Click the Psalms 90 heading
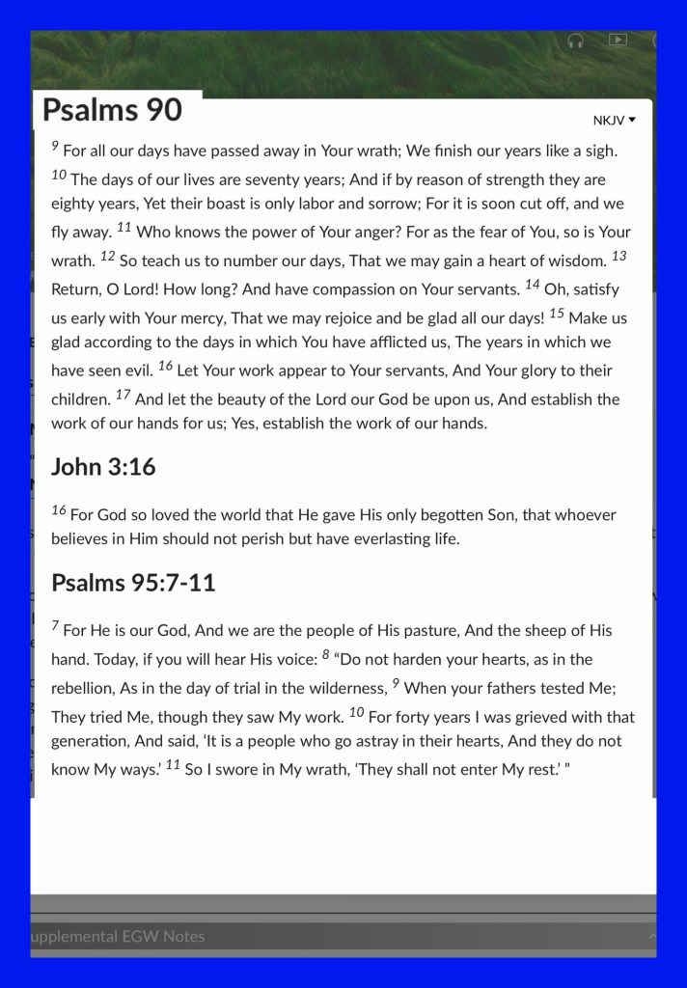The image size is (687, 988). pos(112,110)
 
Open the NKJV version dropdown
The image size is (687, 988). pos(615,121)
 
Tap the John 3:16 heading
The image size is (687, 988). pos(103,467)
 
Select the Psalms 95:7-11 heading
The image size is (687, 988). pos(133,583)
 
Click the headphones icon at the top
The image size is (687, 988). pos(576,41)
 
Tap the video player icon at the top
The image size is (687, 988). pos(618,40)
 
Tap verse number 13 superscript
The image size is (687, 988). pos(619,255)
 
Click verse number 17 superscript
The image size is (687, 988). pos(124,395)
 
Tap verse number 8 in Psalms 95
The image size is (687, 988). pos(326,655)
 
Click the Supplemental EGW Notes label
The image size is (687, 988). pos(118,936)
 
